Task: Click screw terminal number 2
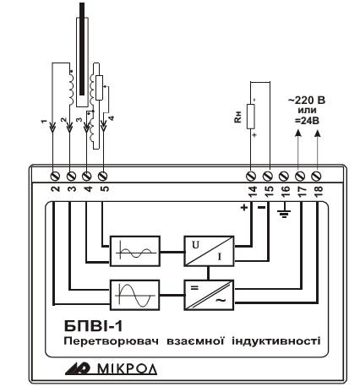pyautogui.click(x=56, y=176)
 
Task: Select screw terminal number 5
pyautogui.click(x=103, y=176)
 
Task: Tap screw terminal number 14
pyautogui.click(x=251, y=176)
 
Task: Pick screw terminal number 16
pyautogui.click(x=284, y=176)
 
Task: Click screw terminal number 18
pyautogui.click(x=316, y=176)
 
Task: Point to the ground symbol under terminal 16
pyautogui.click(x=285, y=214)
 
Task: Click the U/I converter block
pyautogui.click(x=209, y=251)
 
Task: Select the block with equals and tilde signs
pyautogui.click(x=209, y=295)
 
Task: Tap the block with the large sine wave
pyautogui.click(x=135, y=295)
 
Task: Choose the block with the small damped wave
pyautogui.click(x=135, y=251)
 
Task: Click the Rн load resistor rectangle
pyautogui.click(x=251, y=117)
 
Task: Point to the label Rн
pyautogui.click(x=238, y=117)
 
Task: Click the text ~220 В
pyautogui.click(x=307, y=101)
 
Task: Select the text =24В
pyautogui.click(x=307, y=121)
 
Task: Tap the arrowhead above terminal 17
pyautogui.click(x=298, y=133)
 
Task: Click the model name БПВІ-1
pyautogui.click(x=94, y=326)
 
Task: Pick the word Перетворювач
pyautogui.click(x=111, y=341)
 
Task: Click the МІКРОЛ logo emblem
pyautogui.click(x=78, y=369)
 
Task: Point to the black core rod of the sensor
pyautogui.click(x=82, y=49)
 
